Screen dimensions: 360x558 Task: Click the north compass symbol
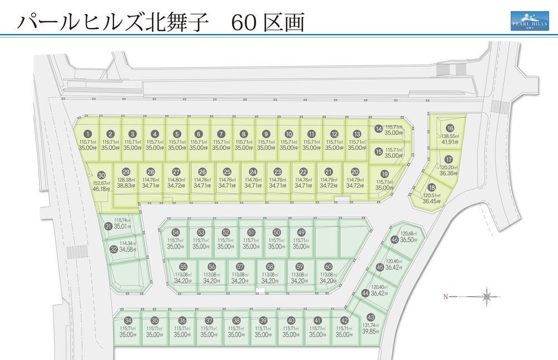(487, 296)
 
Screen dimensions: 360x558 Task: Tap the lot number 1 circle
(88, 134)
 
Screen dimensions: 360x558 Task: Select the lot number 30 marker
(101, 175)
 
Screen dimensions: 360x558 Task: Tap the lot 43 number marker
(371, 317)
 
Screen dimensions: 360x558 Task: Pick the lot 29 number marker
(126, 172)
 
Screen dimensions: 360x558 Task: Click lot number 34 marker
(128, 320)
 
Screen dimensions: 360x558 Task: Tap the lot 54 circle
(175, 232)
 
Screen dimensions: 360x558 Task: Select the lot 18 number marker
(431, 188)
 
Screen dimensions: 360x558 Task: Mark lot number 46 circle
(395, 240)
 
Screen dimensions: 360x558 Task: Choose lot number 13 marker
(357, 134)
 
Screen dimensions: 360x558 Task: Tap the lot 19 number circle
(384, 174)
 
